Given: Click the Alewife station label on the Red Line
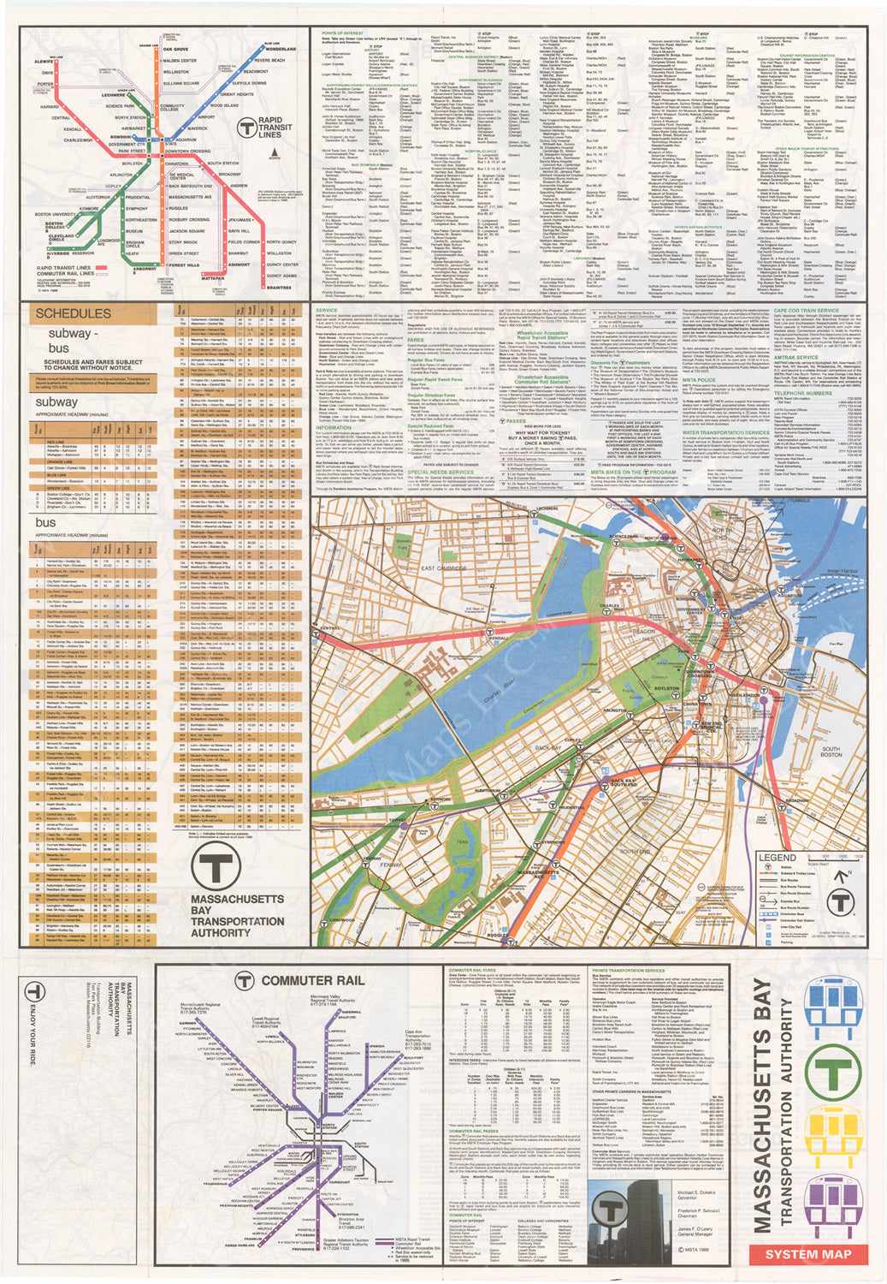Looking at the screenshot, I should click(x=44, y=62).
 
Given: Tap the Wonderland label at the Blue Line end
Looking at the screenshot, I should click(x=281, y=49).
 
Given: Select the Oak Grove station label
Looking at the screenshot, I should click(x=175, y=49).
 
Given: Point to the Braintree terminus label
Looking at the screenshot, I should click(x=279, y=288).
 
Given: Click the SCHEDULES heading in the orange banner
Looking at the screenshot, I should click(x=73, y=314).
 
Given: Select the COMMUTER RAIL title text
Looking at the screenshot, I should click(x=312, y=980).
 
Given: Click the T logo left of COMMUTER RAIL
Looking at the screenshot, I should click(x=245, y=981).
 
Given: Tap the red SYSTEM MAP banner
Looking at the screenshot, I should click(x=808, y=1254).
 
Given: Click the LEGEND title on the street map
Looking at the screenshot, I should click(x=777, y=858).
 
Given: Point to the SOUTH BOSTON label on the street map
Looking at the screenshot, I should click(x=831, y=752).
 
